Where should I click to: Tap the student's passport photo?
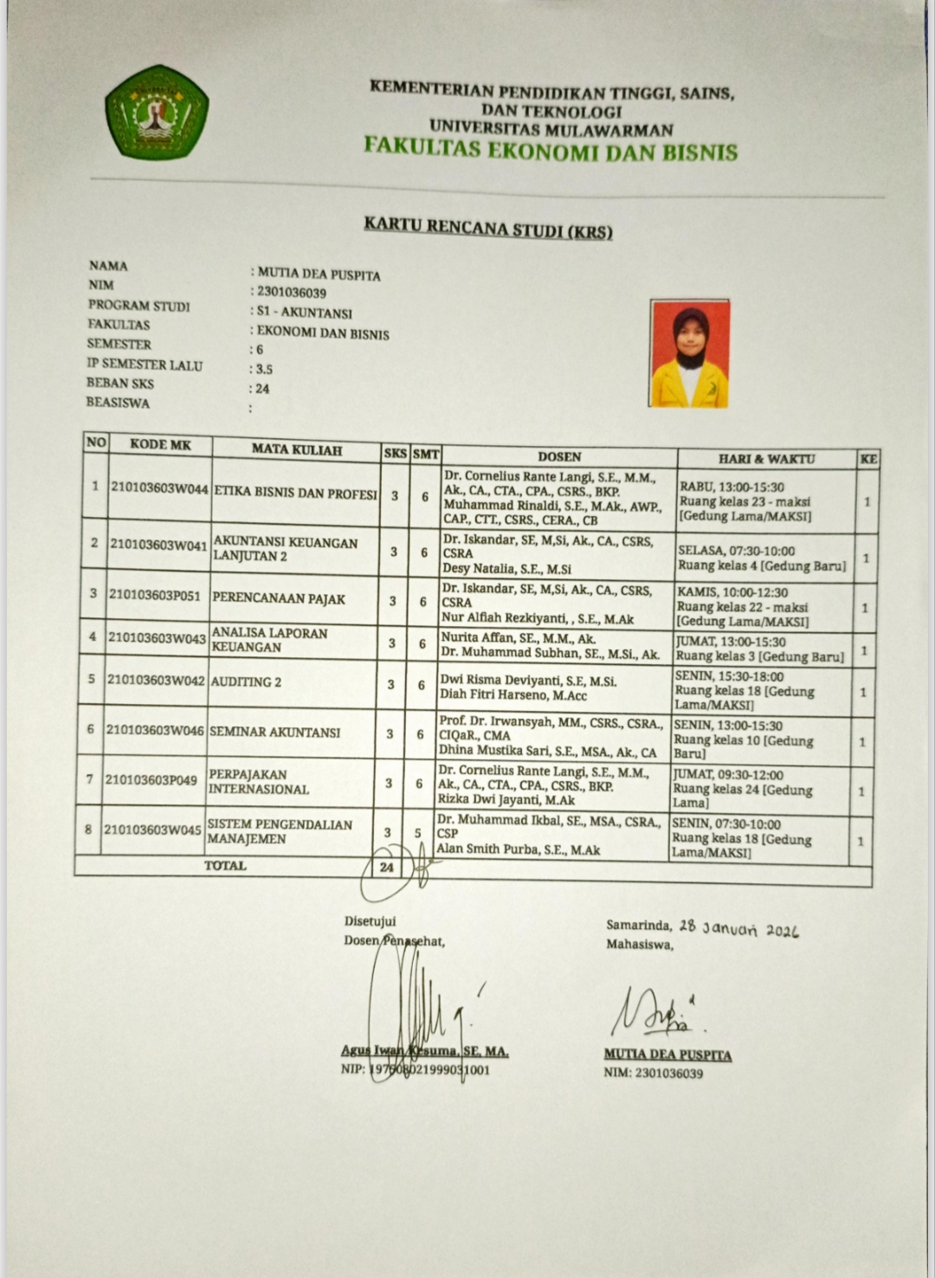[689, 353]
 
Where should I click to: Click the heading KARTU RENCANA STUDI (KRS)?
[487, 228]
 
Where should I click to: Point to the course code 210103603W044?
[160, 488]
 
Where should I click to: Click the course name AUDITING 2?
[247, 682]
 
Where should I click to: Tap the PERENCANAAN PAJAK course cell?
[279, 598]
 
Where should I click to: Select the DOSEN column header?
[559, 456]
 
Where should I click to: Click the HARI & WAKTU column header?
[766, 459]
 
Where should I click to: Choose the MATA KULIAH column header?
[297, 450]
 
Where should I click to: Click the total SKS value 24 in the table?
[386, 867]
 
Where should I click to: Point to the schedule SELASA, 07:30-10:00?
[736, 551]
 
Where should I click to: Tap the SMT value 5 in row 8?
[418, 833]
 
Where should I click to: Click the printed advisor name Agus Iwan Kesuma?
[424, 1052]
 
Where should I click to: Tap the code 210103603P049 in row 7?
[152, 780]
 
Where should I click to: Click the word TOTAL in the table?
[225, 865]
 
